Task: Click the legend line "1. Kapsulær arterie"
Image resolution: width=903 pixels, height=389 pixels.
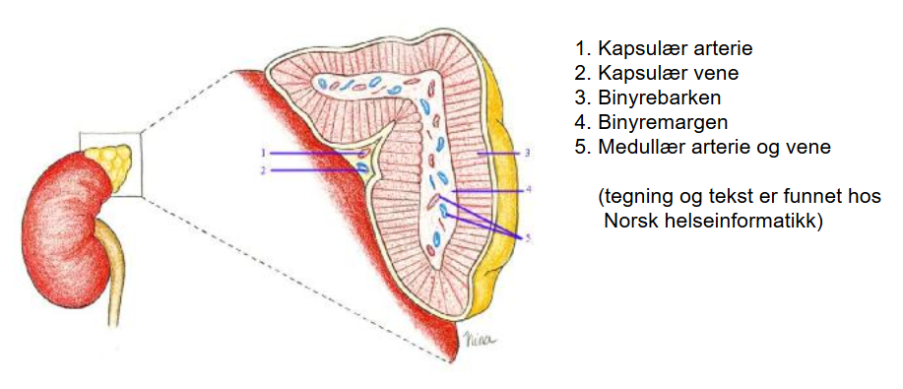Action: point(664,48)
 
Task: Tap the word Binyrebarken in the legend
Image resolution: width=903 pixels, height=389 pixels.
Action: point(660,97)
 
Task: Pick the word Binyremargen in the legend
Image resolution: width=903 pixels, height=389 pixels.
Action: point(663,123)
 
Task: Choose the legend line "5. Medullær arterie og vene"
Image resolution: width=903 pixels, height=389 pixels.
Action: point(703,148)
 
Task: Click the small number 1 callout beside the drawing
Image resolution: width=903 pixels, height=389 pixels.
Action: point(263,153)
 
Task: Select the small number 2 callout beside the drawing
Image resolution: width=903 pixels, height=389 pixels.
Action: point(263,170)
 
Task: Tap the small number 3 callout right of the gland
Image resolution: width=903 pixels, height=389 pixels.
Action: point(527,154)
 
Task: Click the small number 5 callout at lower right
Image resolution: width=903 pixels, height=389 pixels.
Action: point(527,237)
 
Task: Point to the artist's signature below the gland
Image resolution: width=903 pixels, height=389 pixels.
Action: point(477,339)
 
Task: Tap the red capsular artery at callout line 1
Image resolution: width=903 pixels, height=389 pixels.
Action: point(362,154)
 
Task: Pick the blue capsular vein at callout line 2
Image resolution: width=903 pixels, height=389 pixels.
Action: point(362,168)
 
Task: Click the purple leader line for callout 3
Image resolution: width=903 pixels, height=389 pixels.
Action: point(498,154)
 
